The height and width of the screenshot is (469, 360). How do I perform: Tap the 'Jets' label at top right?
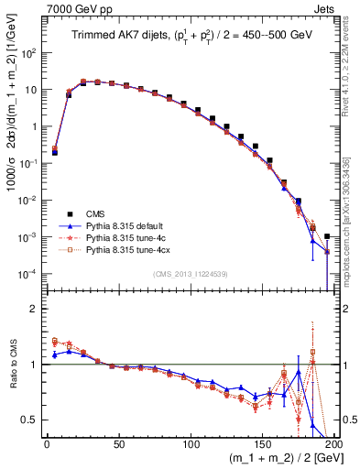tap(322, 9)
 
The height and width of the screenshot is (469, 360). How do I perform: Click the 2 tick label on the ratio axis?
tap(37, 309)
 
